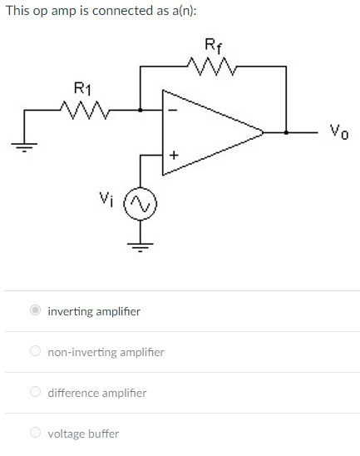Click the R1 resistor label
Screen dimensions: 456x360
point(83,87)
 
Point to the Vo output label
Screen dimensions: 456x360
point(337,130)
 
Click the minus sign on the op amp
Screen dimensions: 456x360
point(173,109)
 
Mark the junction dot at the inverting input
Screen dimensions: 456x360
point(140,109)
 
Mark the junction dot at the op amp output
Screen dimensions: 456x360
point(286,131)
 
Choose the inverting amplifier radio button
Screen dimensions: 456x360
point(35,311)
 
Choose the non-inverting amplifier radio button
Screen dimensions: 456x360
point(35,352)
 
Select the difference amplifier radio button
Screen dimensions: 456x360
point(35,392)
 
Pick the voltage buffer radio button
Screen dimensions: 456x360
point(35,433)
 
